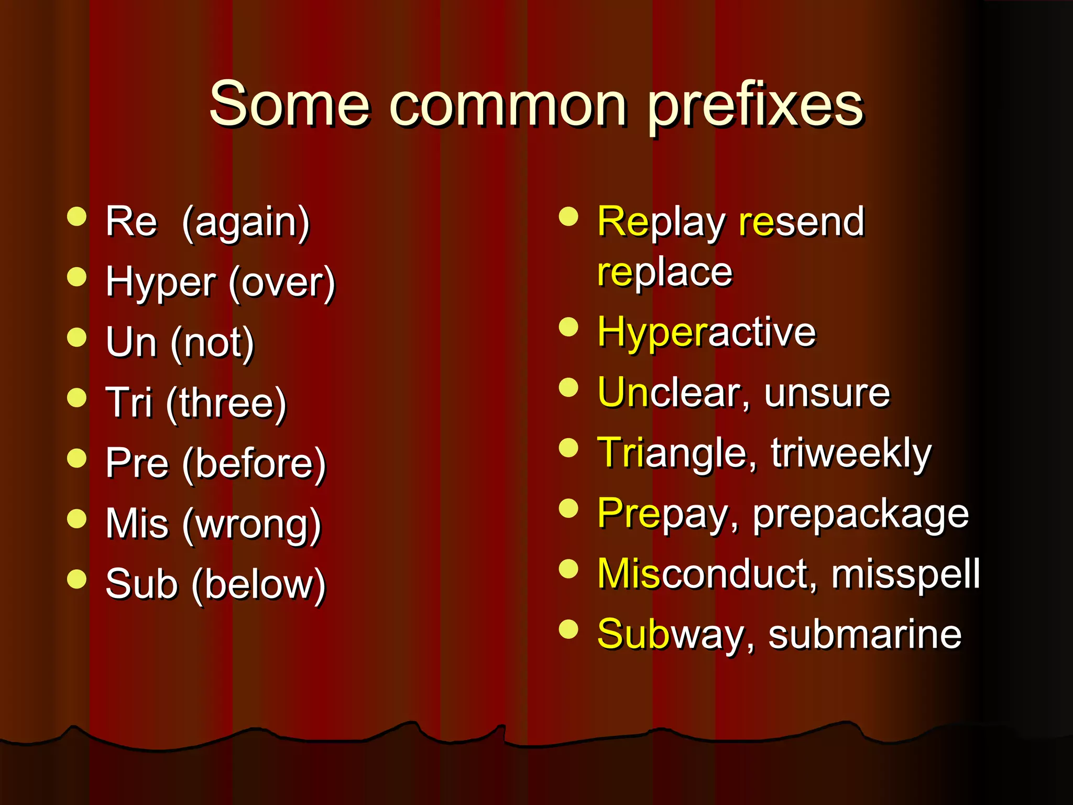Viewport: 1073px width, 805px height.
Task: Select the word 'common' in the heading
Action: tap(508, 104)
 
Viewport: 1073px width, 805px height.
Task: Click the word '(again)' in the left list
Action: tap(246, 222)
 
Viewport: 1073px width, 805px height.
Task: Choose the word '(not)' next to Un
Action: tap(212, 343)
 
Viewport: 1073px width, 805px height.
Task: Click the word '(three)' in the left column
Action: tap(226, 404)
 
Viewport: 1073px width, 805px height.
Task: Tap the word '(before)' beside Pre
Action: tap(254, 464)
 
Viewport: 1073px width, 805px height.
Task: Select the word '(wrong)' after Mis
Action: tap(251, 524)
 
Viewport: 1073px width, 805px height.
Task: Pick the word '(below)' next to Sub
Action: tap(258, 584)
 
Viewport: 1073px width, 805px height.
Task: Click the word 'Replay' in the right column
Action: tap(661, 222)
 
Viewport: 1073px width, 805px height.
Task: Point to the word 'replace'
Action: tap(665, 273)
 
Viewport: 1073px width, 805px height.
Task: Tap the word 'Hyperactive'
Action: tap(707, 333)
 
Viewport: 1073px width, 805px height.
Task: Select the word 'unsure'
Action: tap(827, 393)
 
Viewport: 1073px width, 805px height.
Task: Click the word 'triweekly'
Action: tap(851, 453)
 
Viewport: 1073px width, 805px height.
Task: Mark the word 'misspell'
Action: tap(905, 574)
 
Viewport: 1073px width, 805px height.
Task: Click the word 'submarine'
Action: tap(864, 634)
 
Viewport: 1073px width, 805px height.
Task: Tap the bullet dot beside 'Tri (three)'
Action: tap(77, 398)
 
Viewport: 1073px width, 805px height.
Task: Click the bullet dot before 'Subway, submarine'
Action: tap(568, 629)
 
